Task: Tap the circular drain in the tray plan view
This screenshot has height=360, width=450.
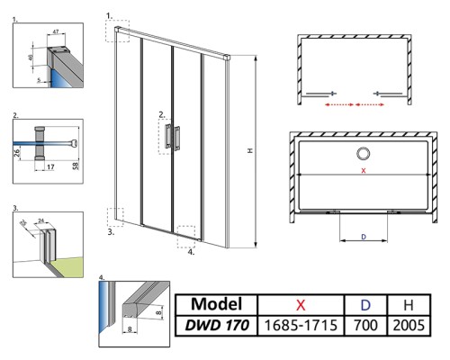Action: click(x=364, y=152)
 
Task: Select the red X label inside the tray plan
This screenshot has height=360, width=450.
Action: click(x=363, y=170)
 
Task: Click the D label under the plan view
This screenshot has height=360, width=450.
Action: click(x=363, y=237)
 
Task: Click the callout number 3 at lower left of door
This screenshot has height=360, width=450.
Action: click(x=109, y=231)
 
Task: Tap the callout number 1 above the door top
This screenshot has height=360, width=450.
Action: click(x=109, y=15)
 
